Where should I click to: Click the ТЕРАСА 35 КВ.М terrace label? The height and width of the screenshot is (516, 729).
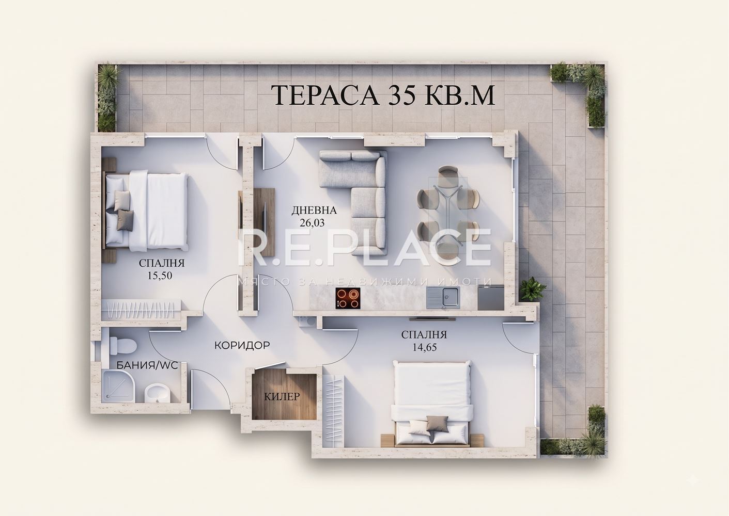click(385, 95)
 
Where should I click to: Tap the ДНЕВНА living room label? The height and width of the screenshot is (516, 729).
click(314, 211)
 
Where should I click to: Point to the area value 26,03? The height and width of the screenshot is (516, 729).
click(311, 222)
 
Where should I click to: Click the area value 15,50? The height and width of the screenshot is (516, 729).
click(160, 276)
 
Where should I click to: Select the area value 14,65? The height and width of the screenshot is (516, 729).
click(425, 347)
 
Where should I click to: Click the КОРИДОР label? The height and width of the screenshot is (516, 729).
click(242, 345)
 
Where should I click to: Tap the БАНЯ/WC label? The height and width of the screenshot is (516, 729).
click(147, 365)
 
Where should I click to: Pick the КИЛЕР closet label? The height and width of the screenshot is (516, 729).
click(282, 397)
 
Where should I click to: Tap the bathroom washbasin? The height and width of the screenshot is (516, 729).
click(158, 394)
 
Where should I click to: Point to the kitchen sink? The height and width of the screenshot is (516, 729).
click(443, 298)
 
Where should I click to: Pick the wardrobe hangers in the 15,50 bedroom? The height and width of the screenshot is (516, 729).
click(141, 311)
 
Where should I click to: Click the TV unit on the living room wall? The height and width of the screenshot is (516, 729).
click(264, 222)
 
